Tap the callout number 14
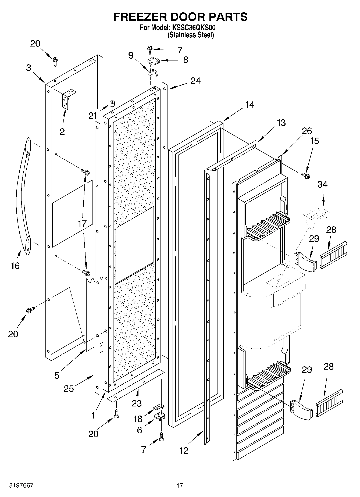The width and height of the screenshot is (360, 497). coord(250,105)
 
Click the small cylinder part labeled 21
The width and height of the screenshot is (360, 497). coord(112,104)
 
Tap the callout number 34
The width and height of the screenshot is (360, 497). coord(323,184)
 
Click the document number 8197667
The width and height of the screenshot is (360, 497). coord(22,485)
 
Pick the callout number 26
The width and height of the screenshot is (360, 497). coord(307,131)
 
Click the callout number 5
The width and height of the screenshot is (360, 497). coord(57,375)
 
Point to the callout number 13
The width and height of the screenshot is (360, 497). coord(281,123)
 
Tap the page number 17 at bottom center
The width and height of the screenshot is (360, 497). coord(180,485)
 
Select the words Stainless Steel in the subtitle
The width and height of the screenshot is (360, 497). coord(191,35)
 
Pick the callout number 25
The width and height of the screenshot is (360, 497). coord(69,388)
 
